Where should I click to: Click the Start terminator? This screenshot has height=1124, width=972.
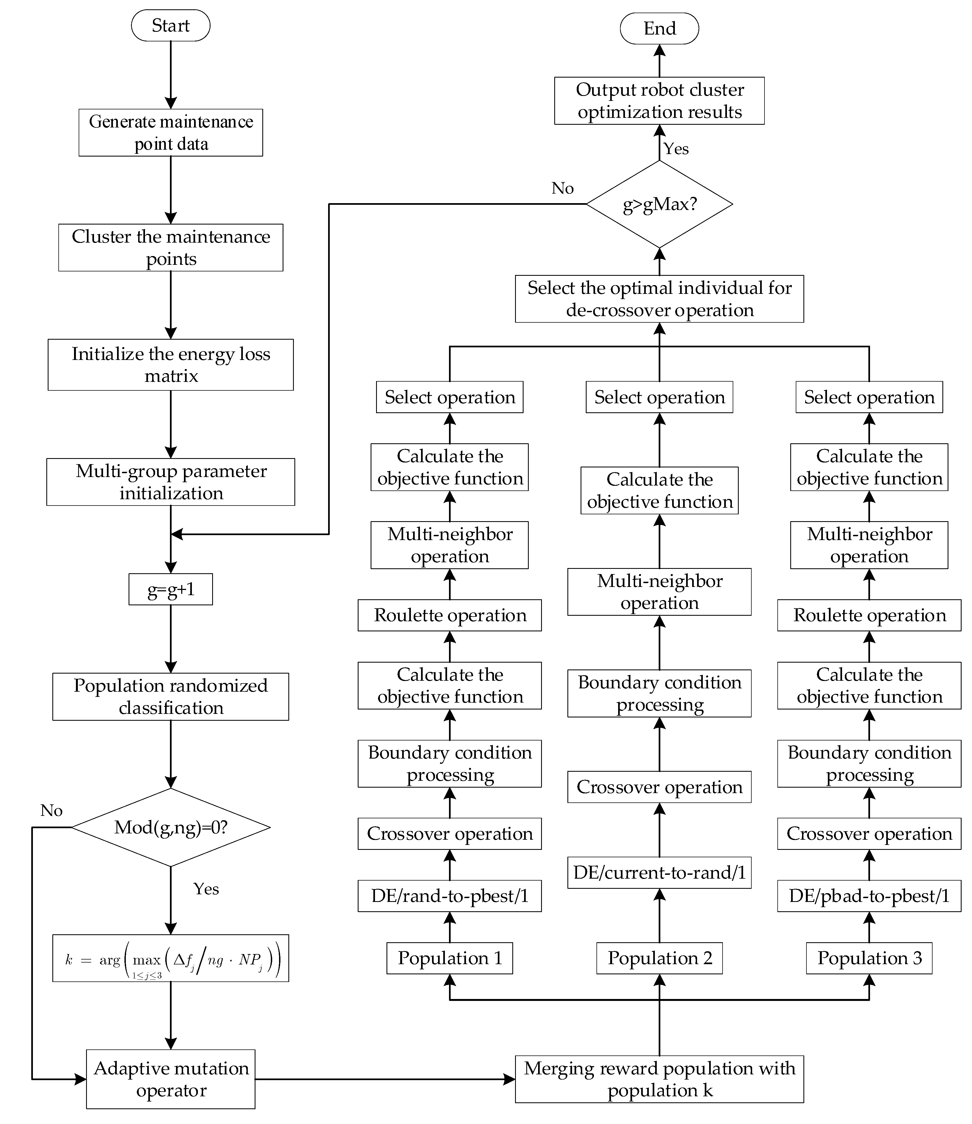[x=170, y=25]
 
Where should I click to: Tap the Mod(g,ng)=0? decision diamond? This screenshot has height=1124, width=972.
[x=170, y=827]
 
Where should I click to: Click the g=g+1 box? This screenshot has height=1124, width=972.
[x=170, y=589]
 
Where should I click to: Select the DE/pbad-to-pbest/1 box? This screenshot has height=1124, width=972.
[x=869, y=896]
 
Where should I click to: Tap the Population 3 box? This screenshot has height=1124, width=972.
[x=869, y=958]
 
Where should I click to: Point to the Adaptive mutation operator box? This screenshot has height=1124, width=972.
[x=170, y=1079]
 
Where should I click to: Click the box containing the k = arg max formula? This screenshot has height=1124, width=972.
[x=170, y=958]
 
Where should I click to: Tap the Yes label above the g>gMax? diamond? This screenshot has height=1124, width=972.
[x=676, y=149]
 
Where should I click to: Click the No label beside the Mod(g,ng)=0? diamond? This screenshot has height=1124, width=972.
[x=52, y=810]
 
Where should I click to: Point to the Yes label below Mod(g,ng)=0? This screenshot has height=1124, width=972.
[x=206, y=889]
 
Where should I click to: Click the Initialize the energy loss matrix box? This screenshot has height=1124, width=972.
[x=170, y=365]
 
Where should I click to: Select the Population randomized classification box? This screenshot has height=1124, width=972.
[x=170, y=697]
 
